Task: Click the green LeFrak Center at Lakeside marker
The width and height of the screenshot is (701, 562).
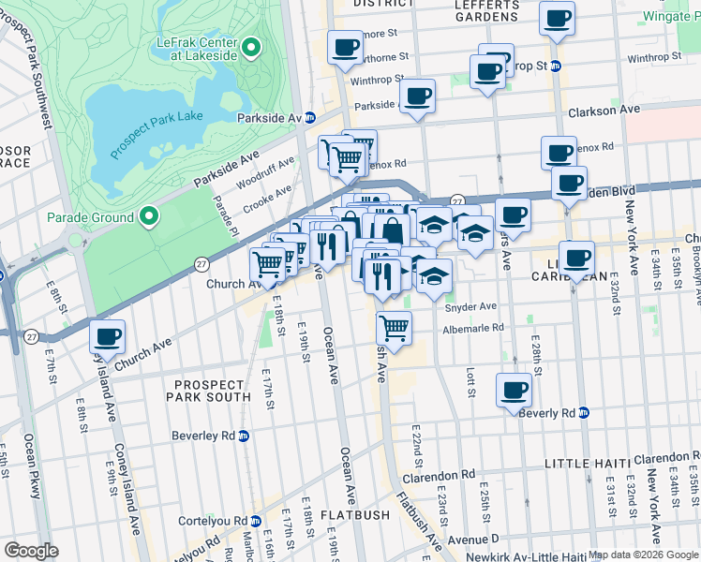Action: [250, 47]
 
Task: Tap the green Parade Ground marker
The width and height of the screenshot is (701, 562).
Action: [148, 217]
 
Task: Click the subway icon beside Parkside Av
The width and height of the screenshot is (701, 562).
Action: [310, 117]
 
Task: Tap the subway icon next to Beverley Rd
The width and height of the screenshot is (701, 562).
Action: [244, 436]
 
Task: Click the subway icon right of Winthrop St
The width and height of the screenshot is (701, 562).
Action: [555, 67]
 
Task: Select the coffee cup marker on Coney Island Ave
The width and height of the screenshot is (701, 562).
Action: [107, 336]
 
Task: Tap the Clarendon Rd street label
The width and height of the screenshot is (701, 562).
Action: [439, 477]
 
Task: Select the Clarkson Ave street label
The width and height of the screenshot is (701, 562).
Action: [604, 110]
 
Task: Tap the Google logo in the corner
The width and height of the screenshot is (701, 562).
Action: [32, 550]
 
